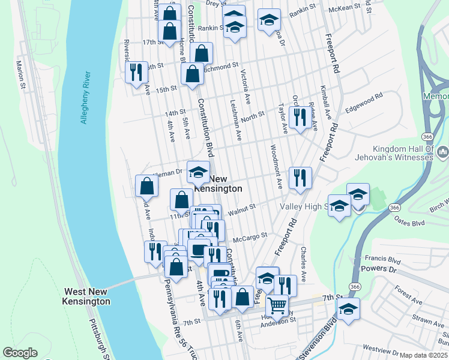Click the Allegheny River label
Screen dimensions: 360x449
click(86, 98)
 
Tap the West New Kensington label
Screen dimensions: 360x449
click(88, 296)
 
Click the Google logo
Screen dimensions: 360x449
click(20, 353)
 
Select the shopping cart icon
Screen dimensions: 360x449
click(277, 305)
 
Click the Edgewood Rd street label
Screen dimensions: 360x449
click(364, 103)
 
